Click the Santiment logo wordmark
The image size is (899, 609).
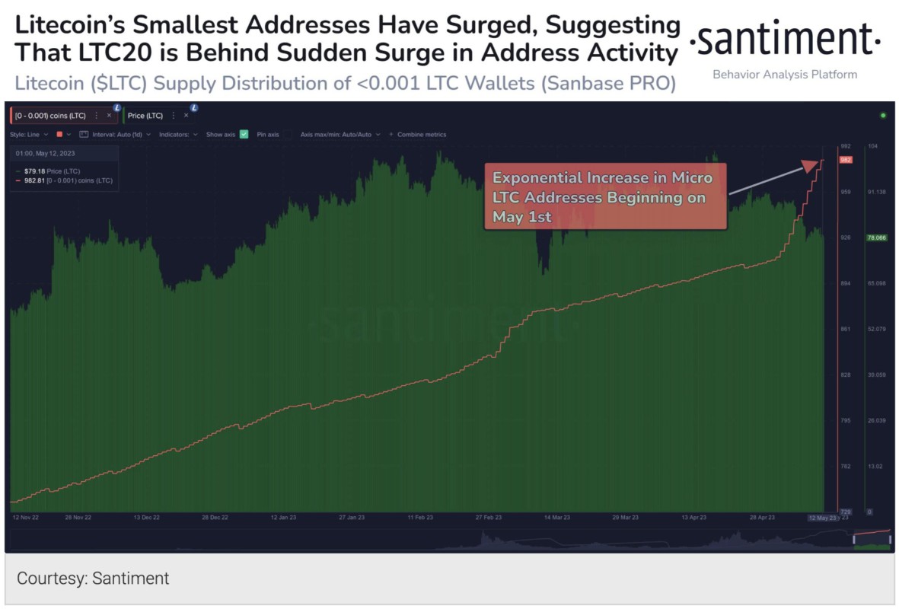point(785,40)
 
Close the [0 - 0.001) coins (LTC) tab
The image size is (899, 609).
point(108,116)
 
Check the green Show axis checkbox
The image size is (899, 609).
point(244,134)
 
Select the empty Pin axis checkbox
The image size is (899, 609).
point(286,134)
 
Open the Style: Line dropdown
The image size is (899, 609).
point(29,134)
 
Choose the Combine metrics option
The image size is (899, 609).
point(421,134)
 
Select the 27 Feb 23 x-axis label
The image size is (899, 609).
point(488,518)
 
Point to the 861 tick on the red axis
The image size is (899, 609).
point(845,329)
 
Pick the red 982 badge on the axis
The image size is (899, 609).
point(845,160)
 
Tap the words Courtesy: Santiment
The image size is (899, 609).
point(93,579)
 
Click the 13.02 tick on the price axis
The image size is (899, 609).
point(875,467)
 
